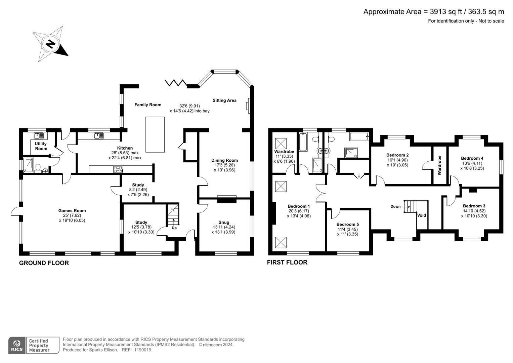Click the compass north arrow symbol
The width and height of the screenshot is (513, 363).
pyautogui.click(x=50, y=44)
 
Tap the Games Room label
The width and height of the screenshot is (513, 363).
pyautogui.click(x=72, y=211)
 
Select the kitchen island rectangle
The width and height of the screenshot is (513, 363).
pyautogui.click(x=155, y=134)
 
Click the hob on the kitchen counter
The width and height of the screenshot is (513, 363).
pyautogui.click(x=118, y=169)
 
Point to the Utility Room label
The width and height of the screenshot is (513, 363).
pyautogui.click(x=41, y=146)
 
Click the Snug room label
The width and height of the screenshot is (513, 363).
pyautogui.click(x=224, y=222)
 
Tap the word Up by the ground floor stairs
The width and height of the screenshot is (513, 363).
pyautogui.click(x=174, y=228)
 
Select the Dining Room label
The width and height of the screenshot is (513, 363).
pyautogui.click(x=224, y=160)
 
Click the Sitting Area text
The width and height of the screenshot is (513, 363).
pyautogui.click(x=224, y=100)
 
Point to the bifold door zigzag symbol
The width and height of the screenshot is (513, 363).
pyautogui.click(x=176, y=83)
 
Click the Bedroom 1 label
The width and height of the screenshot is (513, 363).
pyautogui.click(x=299, y=206)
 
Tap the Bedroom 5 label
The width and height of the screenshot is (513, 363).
pyautogui.click(x=347, y=224)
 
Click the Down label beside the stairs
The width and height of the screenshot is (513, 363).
pyautogui.click(x=395, y=206)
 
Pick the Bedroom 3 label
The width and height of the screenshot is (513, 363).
pyautogui.click(x=474, y=206)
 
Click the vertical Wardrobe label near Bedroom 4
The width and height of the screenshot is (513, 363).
pyautogui.click(x=439, y=165)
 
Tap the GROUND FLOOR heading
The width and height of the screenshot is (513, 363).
pyautogui.click(x=44, y=263)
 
